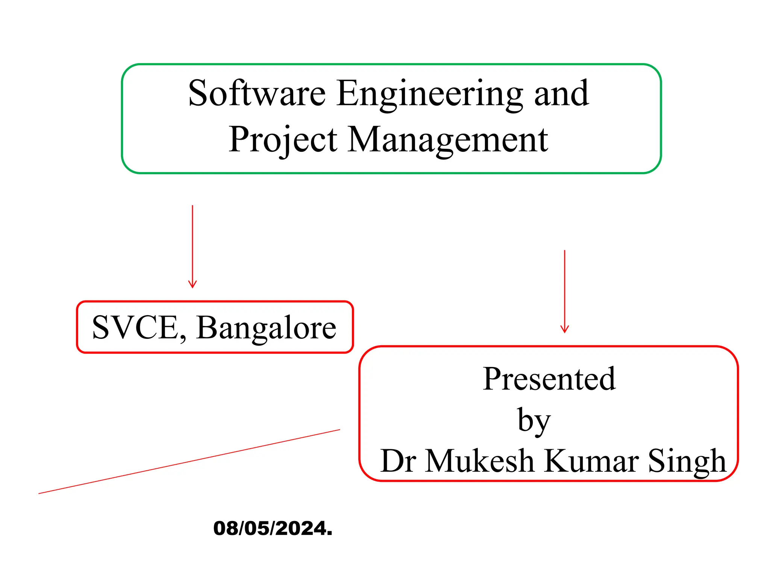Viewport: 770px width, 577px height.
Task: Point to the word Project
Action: (283, 140)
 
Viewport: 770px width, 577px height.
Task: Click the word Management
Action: (447, 140)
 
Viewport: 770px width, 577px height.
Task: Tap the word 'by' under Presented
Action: (534, 420)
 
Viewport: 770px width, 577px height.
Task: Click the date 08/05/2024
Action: (273, 528)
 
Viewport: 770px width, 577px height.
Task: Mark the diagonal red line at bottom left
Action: (189, 462)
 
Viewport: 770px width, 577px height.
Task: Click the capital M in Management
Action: (364, 140)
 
